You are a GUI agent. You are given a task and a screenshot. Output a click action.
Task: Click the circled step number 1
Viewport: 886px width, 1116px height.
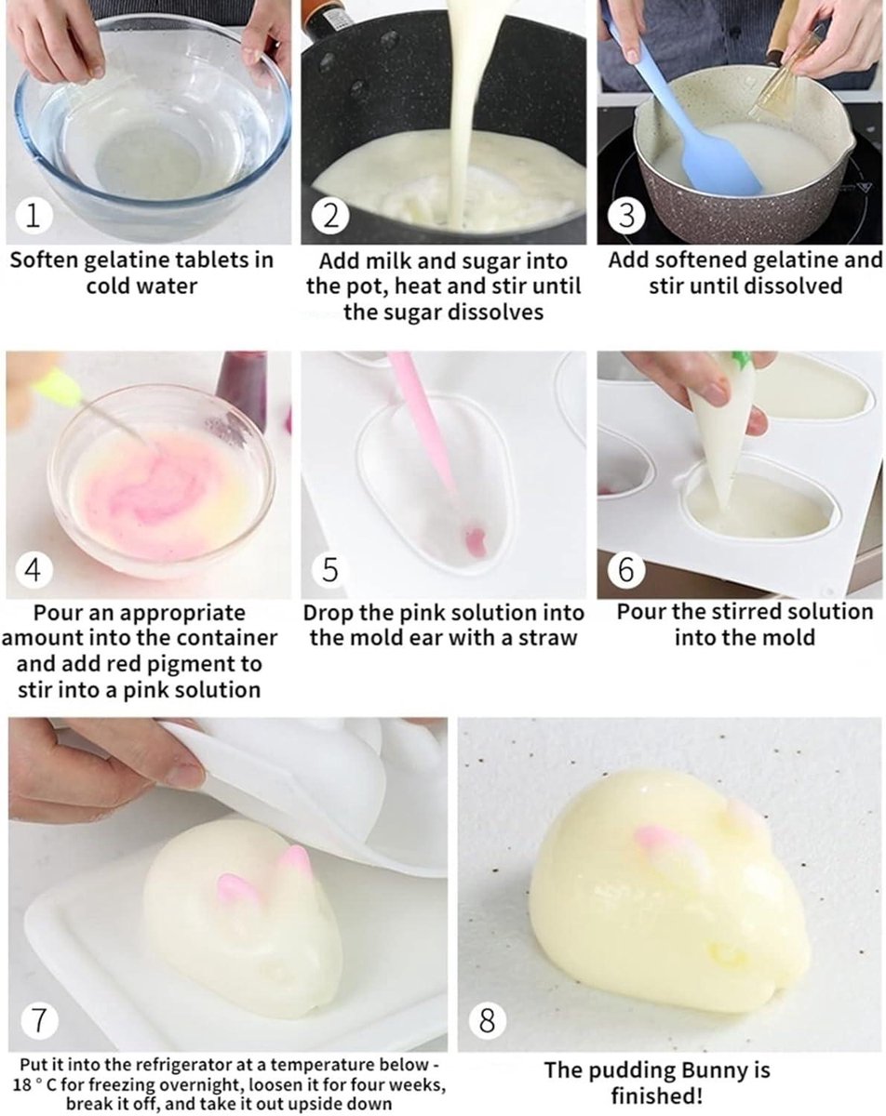(34, 217)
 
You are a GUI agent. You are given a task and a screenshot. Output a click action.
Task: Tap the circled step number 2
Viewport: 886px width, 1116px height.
(330, 217)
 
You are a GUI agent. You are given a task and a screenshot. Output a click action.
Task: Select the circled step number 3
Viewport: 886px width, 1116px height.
(626, 217)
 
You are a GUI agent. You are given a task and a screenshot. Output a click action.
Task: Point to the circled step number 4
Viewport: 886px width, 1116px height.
(34, 570)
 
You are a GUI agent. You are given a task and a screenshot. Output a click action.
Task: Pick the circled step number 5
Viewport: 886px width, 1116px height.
(330, 570)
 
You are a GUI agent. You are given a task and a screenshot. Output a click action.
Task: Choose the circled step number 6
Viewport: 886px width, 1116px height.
(626, 570)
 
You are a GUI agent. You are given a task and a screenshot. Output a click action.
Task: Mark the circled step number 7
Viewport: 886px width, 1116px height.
(39, 1020)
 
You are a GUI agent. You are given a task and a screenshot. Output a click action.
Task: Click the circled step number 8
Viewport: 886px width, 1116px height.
(488, 1020)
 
